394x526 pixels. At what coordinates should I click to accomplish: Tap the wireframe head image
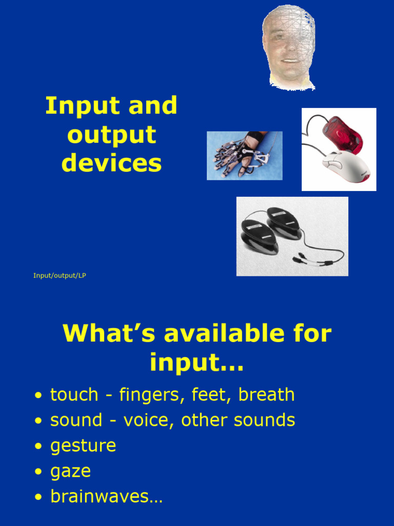(288, 47)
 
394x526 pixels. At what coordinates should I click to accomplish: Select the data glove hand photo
(244, 155)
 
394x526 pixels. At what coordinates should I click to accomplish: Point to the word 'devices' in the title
(111, 163)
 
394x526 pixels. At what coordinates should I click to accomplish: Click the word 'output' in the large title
(111, 135)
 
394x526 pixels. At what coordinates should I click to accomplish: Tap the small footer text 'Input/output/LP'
(60, 276)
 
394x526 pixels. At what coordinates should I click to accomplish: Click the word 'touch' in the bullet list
(74, 395)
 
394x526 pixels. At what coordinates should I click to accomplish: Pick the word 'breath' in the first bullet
(266, 395)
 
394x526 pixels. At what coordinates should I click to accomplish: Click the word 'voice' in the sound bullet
(144, 420)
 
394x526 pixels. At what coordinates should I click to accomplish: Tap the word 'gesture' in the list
(83, 446)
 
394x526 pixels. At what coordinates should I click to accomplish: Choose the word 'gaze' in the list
(70, 472)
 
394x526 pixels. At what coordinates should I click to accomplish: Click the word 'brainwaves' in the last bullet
(100, 497)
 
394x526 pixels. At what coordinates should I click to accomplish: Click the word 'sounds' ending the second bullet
(264, 420)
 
